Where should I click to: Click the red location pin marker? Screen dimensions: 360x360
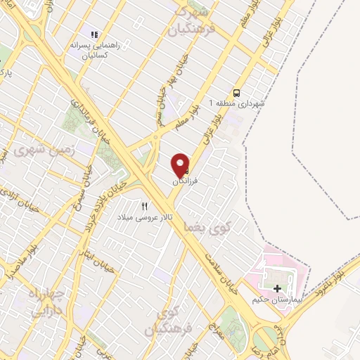pyautogui.click(x=181, y=165)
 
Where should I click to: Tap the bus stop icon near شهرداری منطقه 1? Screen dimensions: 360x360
pyautogui.click(x=236, y=93)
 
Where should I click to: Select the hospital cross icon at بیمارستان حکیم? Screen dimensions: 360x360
pyautogui.click(x=276, y=288)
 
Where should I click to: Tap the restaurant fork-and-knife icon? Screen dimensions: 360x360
pyautogui.click(x=145, y=206)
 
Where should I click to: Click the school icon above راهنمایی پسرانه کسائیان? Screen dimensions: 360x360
pyautogui.click(x=94, y=34)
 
